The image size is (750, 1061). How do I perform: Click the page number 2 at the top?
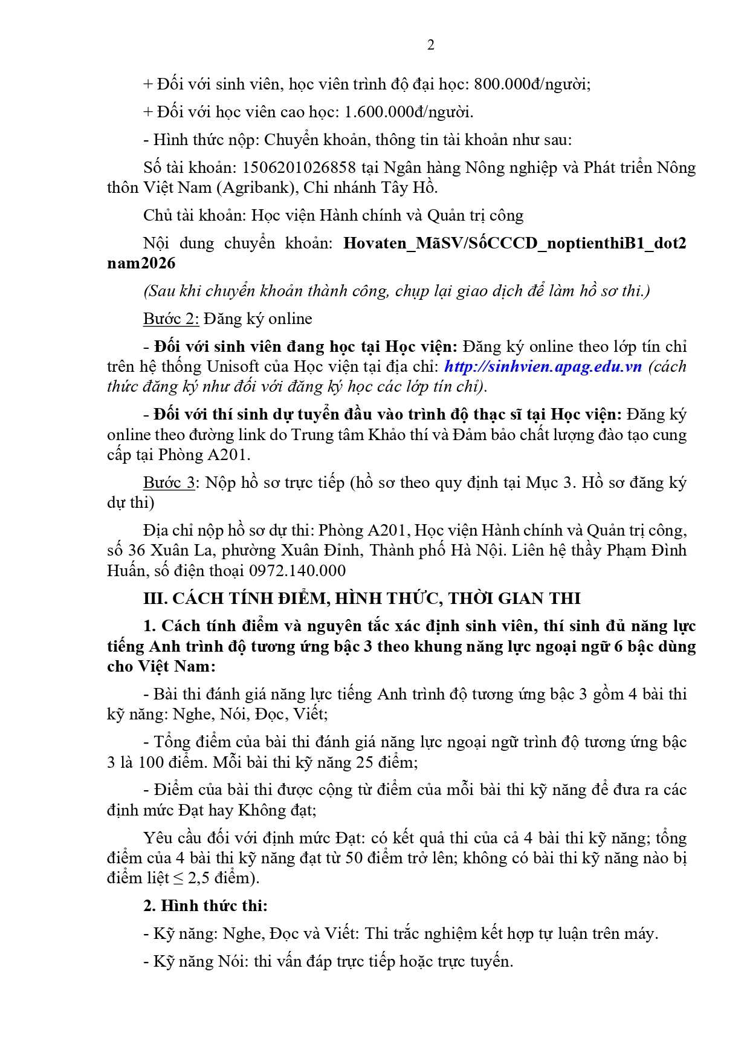coord(430,45)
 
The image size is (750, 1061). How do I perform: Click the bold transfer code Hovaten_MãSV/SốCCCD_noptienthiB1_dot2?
coord(514,244)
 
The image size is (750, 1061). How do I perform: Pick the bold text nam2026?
coord(141,264)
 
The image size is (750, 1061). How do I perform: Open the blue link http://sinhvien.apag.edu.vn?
coord(543,366)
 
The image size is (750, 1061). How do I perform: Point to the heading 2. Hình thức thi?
coord(205,906)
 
